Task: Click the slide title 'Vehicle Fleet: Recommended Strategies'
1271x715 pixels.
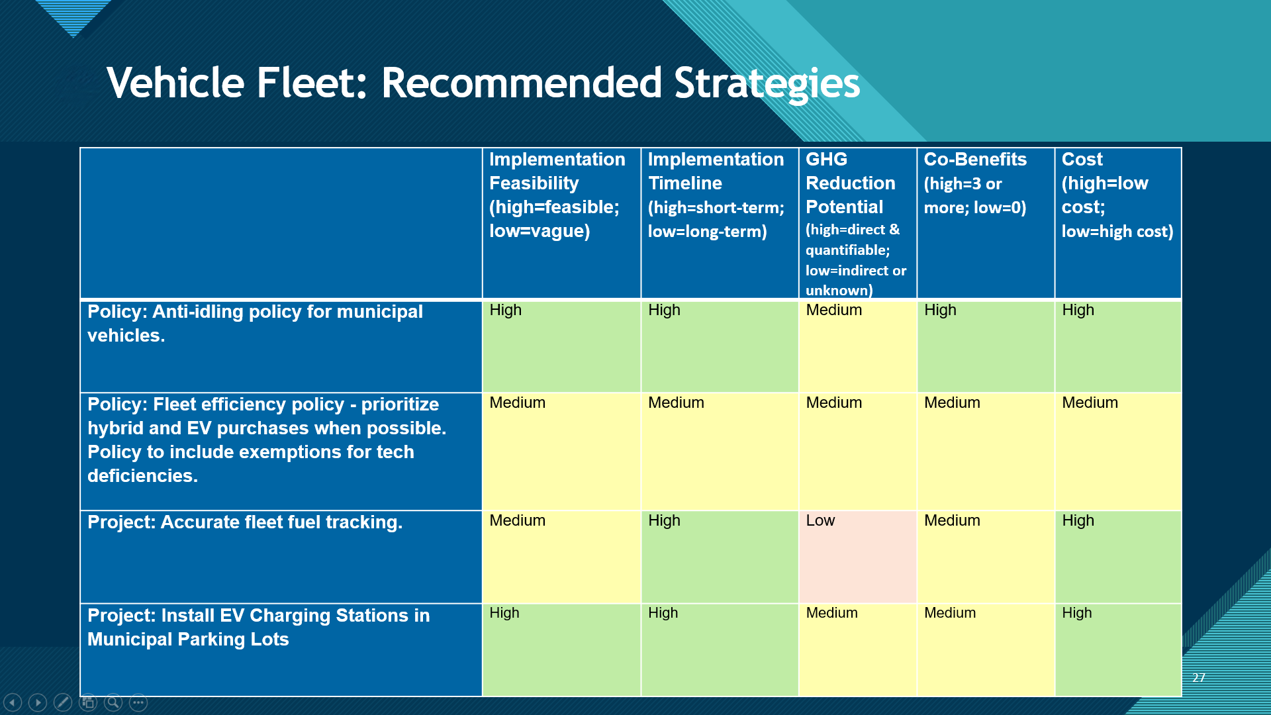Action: click(483, 83)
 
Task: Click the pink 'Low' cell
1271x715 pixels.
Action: click(858, 557)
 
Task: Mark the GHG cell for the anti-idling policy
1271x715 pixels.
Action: click(858, 346)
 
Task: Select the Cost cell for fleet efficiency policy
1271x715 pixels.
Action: click(1118, 452)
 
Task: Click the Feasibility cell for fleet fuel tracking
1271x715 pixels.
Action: click(561, 557)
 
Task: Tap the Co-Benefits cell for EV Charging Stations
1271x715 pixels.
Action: click(986, 649)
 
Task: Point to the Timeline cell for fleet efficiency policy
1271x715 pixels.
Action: click(720, 452)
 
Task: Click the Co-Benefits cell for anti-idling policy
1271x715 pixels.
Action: click(986, 346)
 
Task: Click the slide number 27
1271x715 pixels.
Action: click(1199, 677)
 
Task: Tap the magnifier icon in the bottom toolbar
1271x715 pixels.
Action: click(113, 702)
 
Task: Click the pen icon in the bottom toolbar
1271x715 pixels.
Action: click(63, 702)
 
